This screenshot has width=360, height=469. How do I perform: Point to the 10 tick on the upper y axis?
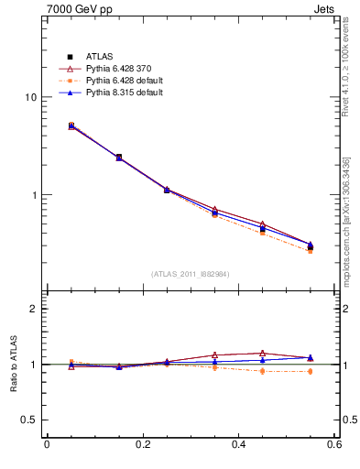tap(30, 97)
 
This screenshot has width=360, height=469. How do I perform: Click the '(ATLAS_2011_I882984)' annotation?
tap(191, 273)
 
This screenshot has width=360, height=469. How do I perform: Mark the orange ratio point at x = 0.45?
tap(263, 371)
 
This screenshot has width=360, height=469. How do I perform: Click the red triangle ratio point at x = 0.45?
tap(263, 353)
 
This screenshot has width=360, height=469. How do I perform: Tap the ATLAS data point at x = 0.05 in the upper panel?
tap(71, 125)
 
